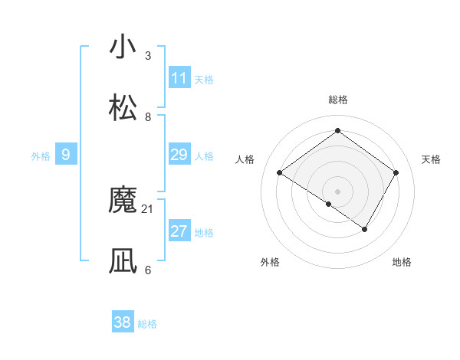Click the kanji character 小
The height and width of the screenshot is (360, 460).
tap(123, 47)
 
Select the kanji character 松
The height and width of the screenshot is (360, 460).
tap(123, 109)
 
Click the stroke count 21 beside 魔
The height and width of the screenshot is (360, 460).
tap(148, 208)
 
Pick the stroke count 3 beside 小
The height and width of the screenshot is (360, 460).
tap(148, 55)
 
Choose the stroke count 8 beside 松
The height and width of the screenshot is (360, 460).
tap(148, 116)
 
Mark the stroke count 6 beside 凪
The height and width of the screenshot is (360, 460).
tap(148, 270)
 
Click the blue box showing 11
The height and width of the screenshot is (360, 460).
tap(179, 78)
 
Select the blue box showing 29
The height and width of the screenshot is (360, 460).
tap(179, 155)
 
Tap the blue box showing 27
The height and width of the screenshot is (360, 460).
tap(179, 231)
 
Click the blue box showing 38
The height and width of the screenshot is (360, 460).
tap(123, 322)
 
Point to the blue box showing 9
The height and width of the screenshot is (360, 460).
tap(66, 155)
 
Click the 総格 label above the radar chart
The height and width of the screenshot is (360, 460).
tap(338, 100)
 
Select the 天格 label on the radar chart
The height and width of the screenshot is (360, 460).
tap(432, 159)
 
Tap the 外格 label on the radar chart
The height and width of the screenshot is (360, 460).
tap(270, 262)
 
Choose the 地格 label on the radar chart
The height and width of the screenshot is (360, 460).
tap(402, 262)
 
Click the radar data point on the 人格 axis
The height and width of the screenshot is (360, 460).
tap(280, 173)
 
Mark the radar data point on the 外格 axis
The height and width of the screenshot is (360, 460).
tap(329, 204)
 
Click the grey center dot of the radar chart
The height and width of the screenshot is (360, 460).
tap(338, 191)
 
